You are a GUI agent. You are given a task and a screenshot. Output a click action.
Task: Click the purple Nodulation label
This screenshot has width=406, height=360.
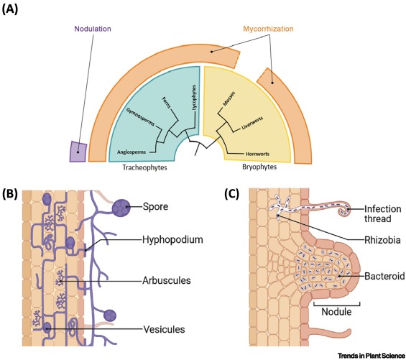[93, 29]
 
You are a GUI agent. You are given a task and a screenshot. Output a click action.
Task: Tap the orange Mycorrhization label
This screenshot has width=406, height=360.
[268, 29]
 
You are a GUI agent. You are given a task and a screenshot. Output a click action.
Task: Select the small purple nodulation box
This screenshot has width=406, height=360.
[78, 152]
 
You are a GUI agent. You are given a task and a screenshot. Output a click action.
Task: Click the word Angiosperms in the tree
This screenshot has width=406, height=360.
[132, 152]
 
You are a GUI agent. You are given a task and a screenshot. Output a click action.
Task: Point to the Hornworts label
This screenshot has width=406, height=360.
[257, 154]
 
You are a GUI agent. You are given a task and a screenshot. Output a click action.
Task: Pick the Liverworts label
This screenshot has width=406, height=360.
[252, 124]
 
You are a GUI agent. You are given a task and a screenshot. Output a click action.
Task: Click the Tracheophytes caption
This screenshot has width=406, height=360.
[144, 167]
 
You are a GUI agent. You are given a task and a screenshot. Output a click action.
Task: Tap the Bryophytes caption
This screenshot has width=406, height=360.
[259, 167]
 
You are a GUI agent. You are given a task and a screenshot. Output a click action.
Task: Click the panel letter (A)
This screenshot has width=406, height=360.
[10, 9]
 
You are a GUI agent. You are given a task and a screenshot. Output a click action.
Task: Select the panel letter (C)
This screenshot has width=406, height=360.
[231, 194]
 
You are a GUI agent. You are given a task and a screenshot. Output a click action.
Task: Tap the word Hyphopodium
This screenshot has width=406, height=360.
[172, 240]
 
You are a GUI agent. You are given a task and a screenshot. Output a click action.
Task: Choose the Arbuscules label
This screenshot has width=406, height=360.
[167, 281]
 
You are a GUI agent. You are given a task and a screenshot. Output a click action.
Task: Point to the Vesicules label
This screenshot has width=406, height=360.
[164, 329]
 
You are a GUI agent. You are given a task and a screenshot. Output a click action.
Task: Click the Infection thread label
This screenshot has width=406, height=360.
[383, 213]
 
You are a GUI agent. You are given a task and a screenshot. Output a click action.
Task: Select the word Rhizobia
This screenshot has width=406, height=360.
[382, 240]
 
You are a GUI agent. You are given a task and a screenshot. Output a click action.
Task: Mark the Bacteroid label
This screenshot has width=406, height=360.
[384, 276]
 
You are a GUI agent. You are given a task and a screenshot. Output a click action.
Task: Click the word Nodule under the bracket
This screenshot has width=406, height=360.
[336, 312]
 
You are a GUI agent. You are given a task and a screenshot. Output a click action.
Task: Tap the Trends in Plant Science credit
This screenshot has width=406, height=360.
[372, 356]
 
